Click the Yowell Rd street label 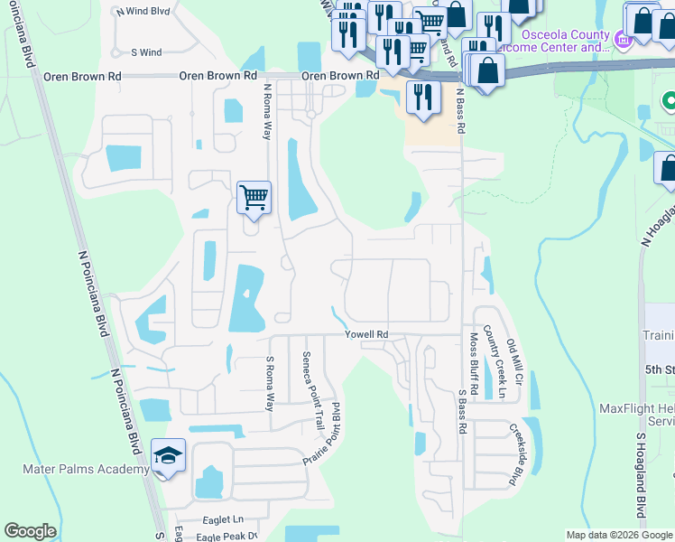point(366,335)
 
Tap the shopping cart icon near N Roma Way point(254,196)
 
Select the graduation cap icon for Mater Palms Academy point(169,456)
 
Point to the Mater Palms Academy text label point(86,470)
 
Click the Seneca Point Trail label point(312,389)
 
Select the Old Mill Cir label point(513,359)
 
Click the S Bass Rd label point(460,411)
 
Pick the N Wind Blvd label point(143,12)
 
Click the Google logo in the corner point(31,531)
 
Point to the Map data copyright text point(619,535)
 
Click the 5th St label point(661,370)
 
